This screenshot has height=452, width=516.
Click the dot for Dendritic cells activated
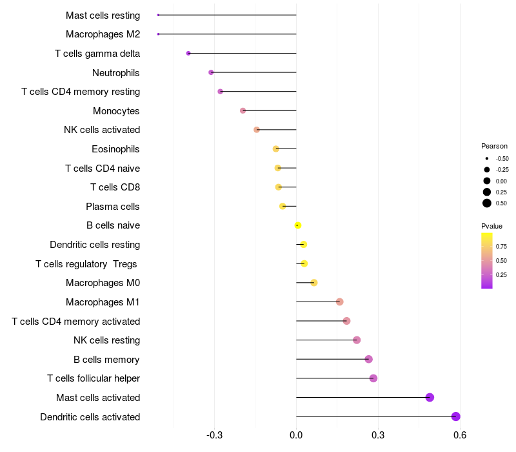[455, 416]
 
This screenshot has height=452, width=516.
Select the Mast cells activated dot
[430, 397]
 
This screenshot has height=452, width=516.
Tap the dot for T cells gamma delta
[188, 54]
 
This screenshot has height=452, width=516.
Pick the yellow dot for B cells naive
[298, 225]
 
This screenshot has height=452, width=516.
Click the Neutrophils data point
[211, 72]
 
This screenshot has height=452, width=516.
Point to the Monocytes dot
[243, 110]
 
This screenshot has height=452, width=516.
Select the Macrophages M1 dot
[340, 302]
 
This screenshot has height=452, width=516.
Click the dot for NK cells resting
[357, 340]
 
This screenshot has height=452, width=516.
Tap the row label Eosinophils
[115, 149]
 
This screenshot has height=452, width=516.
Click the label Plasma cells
[112, 207]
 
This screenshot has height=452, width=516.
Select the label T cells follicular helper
[94, 378]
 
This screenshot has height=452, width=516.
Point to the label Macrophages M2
[103, 34]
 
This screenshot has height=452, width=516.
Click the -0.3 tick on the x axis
[215, 435]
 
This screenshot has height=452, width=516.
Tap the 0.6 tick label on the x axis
[460, 435]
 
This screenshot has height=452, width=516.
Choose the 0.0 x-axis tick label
[296, 435]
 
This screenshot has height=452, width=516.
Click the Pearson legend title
[494, 146]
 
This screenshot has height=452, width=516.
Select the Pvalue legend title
[491, 226]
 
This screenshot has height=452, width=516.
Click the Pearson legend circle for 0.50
[487, 203]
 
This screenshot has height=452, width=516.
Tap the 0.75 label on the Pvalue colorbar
[501, 247]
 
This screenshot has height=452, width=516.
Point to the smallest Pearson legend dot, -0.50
[487, 159]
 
